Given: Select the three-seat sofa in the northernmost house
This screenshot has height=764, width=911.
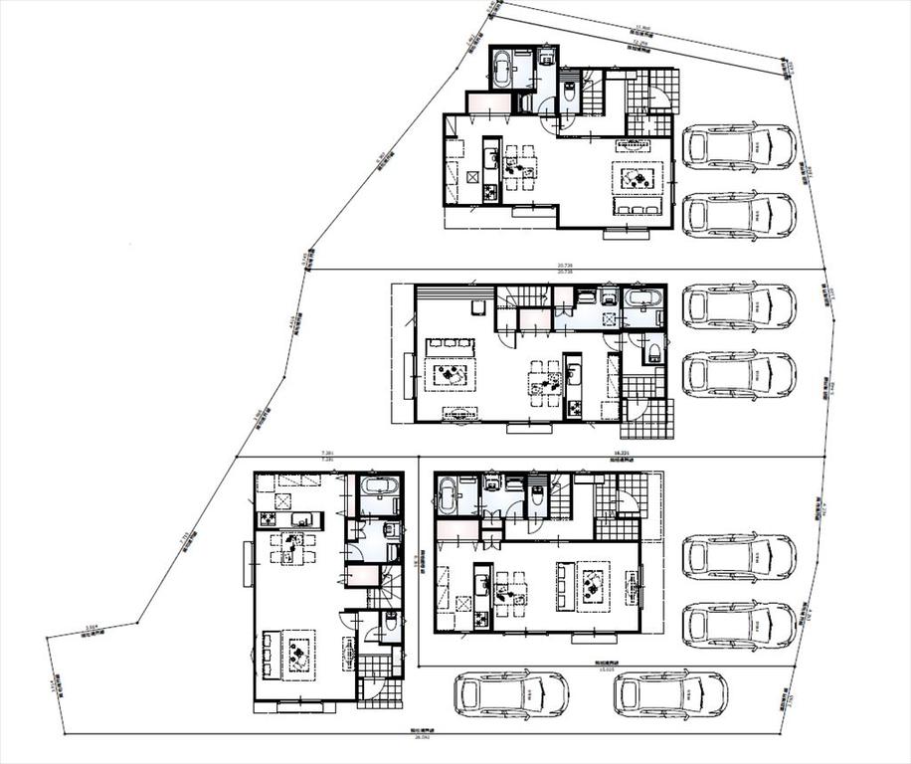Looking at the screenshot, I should pyautogui.click(x=638, y=208).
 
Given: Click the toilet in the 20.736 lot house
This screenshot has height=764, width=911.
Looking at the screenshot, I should pyautogui.click(x=654, y=349).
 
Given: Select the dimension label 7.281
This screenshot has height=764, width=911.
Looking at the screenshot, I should pyautogui.click(x=328, y=453).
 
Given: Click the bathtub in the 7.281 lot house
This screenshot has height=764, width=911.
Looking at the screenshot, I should pyautogui.click(x=378, y=488).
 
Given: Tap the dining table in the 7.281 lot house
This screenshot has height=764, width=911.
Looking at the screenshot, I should pyautogui.click(x=292, y=546).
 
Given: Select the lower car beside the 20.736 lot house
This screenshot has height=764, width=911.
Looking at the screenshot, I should pyautogui.click(x=739, y=375).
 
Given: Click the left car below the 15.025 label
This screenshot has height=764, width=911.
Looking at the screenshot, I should pyautogui.click(x=511, y=694).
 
